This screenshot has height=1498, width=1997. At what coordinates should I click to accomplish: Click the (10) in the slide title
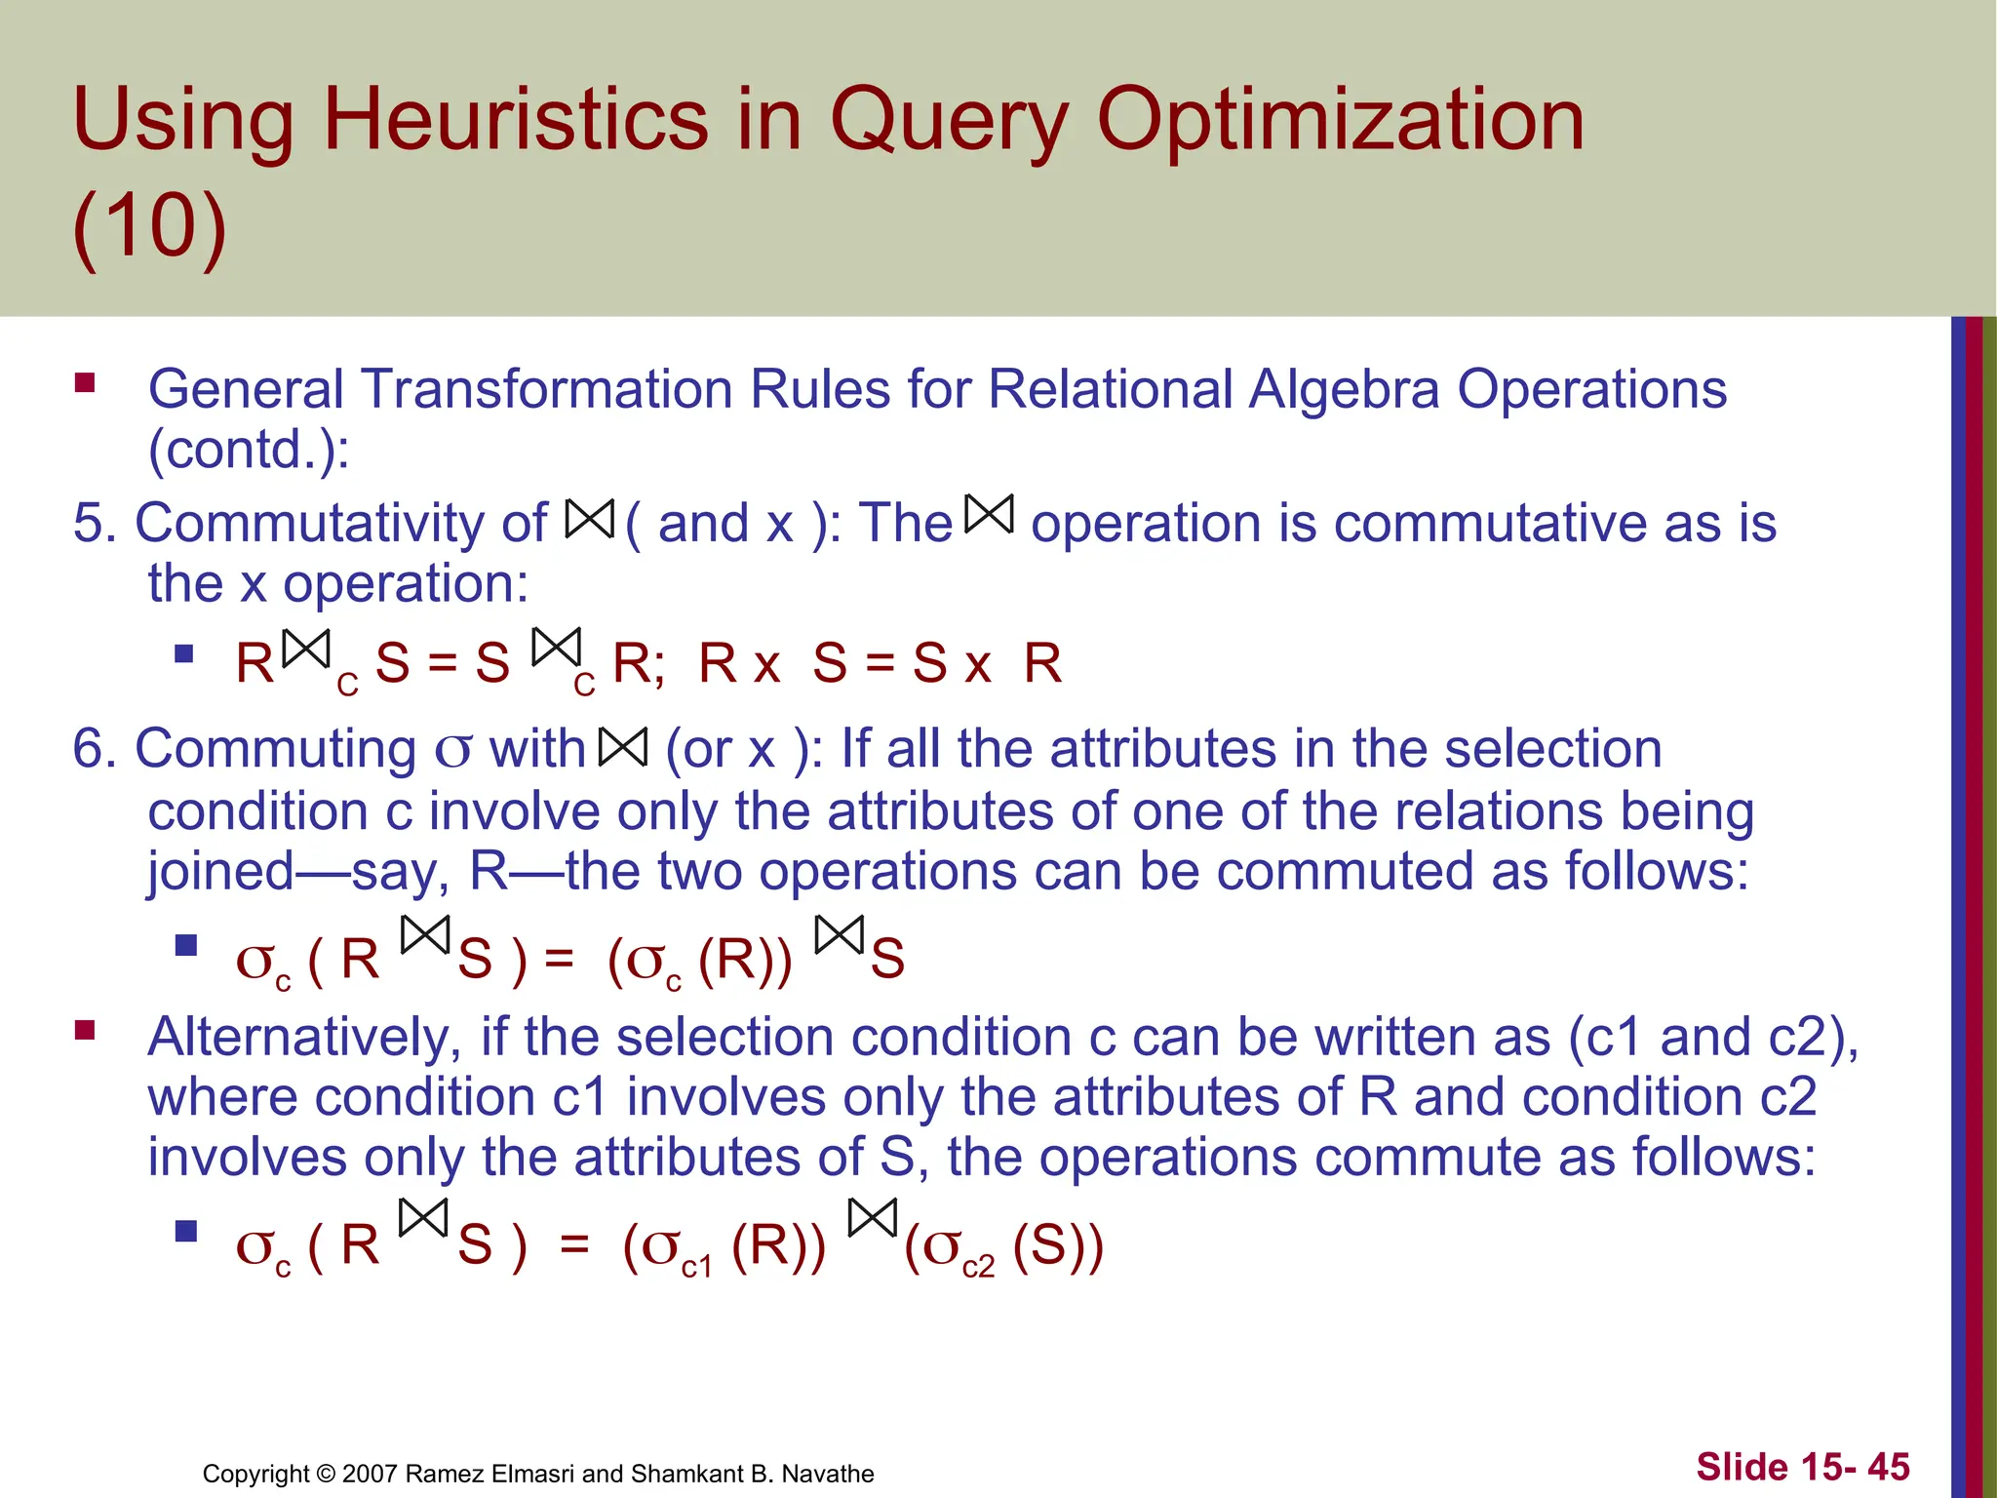coord(149,226)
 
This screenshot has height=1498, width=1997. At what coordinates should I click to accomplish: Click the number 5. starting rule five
coord(95,523)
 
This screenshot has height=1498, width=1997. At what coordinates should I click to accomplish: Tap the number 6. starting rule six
coord(95,749)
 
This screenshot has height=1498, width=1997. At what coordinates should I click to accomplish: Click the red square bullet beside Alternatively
coord(85,1030)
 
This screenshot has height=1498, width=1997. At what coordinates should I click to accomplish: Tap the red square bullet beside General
coord(85,382)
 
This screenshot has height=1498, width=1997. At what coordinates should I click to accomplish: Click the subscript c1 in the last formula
coord(696,1267)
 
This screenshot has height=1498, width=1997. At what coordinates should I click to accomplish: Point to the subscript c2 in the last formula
coord(978,1267)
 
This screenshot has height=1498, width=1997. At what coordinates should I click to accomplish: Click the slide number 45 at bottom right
coord(1889,1467)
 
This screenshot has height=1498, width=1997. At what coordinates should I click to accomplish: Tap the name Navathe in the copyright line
coord(828,1474)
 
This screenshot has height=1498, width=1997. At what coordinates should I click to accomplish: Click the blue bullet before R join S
coord(184,653)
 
